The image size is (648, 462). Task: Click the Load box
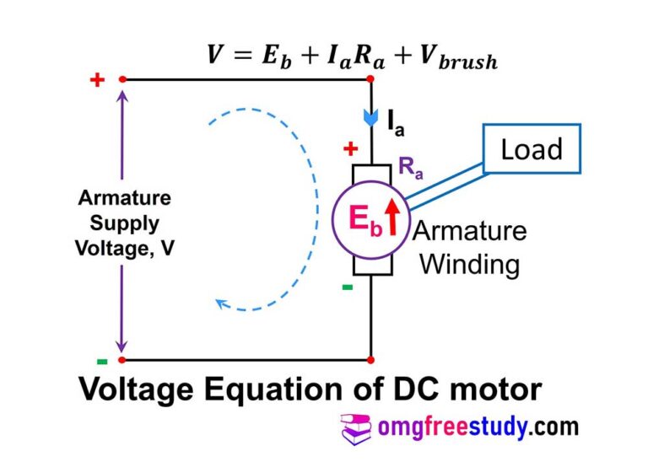click(532, 150)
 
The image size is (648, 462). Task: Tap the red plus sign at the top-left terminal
click(97, 80)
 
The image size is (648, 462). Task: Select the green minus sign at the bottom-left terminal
click(101, 362)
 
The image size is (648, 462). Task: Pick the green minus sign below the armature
click(347, 287)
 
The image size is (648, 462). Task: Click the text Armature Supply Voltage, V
click(124, 224)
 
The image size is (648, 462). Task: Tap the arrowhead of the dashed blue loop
click(222, 304)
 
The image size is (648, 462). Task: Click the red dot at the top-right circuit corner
click(372, 79)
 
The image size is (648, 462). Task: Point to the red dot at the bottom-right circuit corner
click(372, 360)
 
